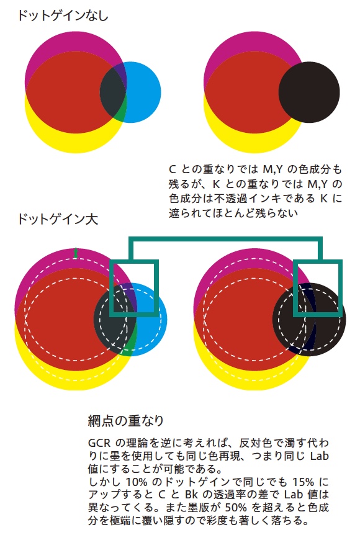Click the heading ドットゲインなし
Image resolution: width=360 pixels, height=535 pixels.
[x=63, y=16]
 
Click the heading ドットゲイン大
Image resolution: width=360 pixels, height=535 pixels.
[x=58, y=218]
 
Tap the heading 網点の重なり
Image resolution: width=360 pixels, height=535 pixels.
[x=125, y=421]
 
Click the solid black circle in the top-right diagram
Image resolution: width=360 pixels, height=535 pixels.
[x=309, y=92]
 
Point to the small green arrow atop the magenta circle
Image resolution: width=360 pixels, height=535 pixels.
[x=76, y=253]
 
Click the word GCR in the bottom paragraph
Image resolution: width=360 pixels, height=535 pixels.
[x=99, y=443]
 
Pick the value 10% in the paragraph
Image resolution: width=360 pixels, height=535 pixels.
[x=137, y=482]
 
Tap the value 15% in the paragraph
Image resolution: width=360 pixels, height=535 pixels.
[x=304, y=482]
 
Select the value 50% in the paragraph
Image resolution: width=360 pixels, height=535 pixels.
[x=236, y=508]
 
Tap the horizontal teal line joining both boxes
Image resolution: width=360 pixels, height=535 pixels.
[x=225, y=239]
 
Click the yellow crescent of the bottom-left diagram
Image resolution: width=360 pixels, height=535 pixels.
[x=68, y=379]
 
